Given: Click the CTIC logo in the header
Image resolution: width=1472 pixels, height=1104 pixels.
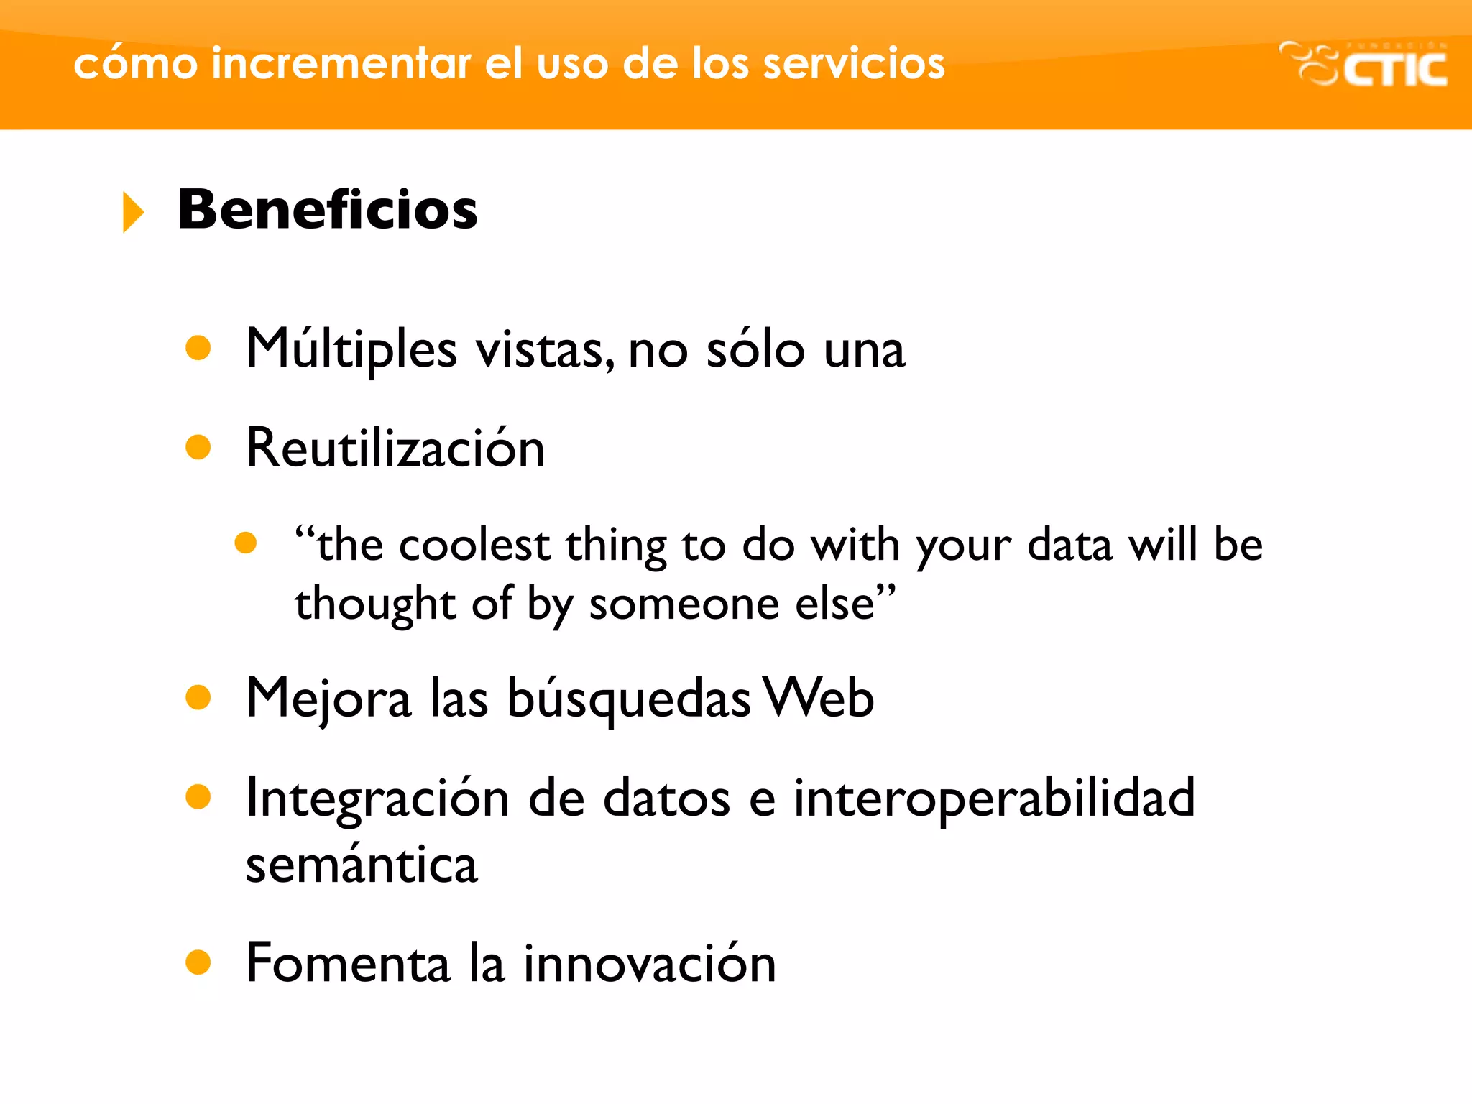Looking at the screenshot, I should point(1363,65).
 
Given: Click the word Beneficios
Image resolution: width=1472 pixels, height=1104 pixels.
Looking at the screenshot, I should point(327,210).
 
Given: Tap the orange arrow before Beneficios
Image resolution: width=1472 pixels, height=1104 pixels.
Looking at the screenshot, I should point(133,212).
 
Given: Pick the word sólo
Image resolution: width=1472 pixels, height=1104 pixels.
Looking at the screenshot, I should point(755,350).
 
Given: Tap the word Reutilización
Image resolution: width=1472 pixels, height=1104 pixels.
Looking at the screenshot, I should point(395,448).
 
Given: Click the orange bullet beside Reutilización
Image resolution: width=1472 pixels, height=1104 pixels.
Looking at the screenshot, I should point(198,448).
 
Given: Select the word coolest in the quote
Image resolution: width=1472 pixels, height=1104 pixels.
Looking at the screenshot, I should point(474,545).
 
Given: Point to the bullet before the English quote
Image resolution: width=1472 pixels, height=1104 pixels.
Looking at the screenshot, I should point(246,543).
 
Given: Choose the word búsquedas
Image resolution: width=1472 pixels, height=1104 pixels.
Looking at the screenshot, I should point(629,699).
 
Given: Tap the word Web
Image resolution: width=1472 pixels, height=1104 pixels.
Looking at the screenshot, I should point(819,697).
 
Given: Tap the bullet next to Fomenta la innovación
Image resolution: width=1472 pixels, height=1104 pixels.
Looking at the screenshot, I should point(198,962).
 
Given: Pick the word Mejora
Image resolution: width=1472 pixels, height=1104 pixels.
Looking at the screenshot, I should point(328,699).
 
